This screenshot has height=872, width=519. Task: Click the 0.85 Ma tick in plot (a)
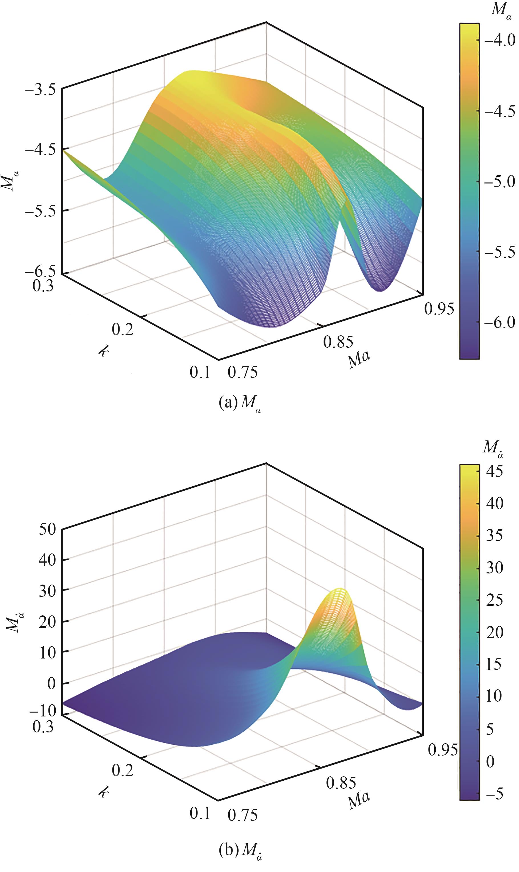[x=338, y=342]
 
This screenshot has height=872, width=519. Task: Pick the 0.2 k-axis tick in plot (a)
[x=123, y=329]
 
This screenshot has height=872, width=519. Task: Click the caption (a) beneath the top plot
[x=240, y=403]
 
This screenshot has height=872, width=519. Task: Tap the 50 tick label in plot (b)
[x=47, y=529]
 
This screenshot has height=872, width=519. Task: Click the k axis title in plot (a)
[x=104, y=351]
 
